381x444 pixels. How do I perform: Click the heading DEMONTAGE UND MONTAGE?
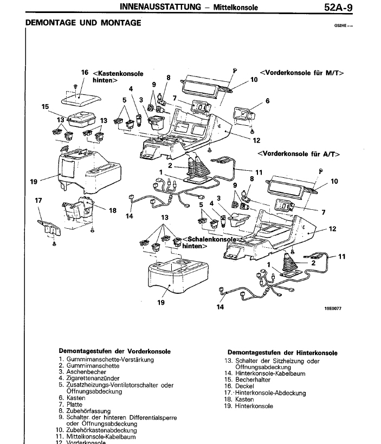[83, 23]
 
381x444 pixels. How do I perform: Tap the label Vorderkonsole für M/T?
[302, 72]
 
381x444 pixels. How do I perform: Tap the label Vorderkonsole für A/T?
[299, 153]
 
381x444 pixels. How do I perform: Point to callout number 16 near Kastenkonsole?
[85, 72]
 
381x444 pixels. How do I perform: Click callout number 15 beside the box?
[45, 107]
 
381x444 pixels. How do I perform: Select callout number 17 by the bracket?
[38, 201]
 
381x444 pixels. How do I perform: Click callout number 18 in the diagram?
[113, 210]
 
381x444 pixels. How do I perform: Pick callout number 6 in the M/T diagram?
[267, 100]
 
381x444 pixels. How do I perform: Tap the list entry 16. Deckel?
[242, 386]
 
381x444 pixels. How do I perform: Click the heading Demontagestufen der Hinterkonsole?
[282, 352]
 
